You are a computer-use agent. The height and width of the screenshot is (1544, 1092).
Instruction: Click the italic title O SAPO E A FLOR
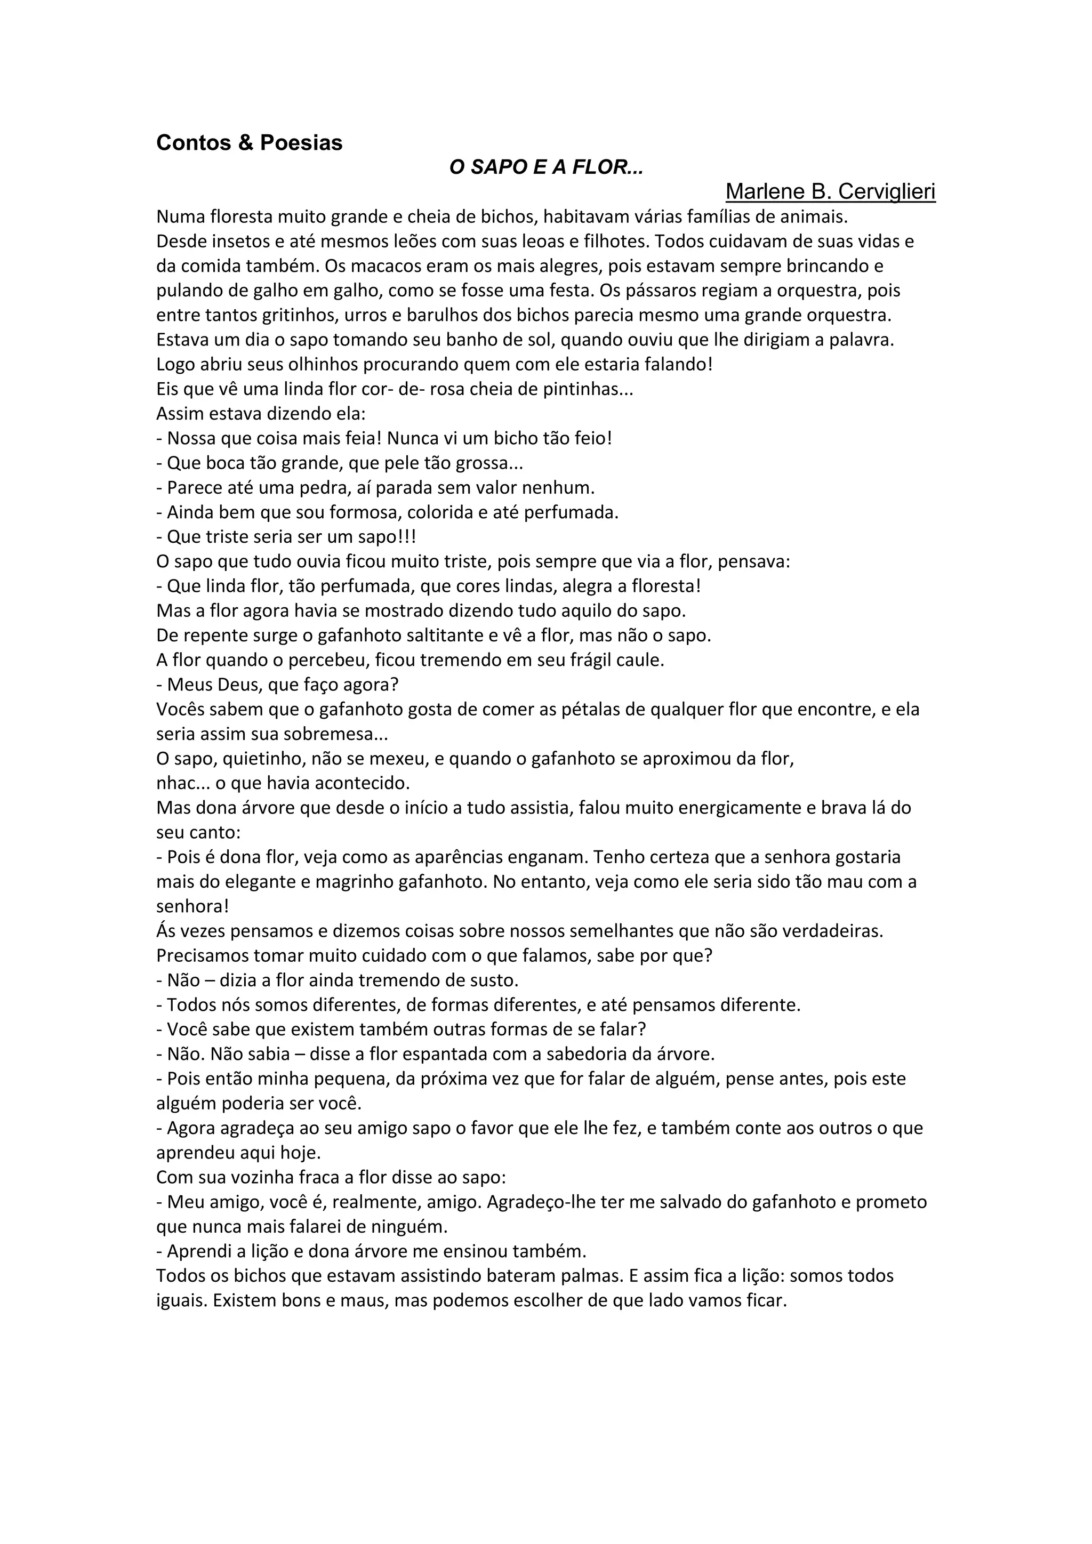point(545,167)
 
